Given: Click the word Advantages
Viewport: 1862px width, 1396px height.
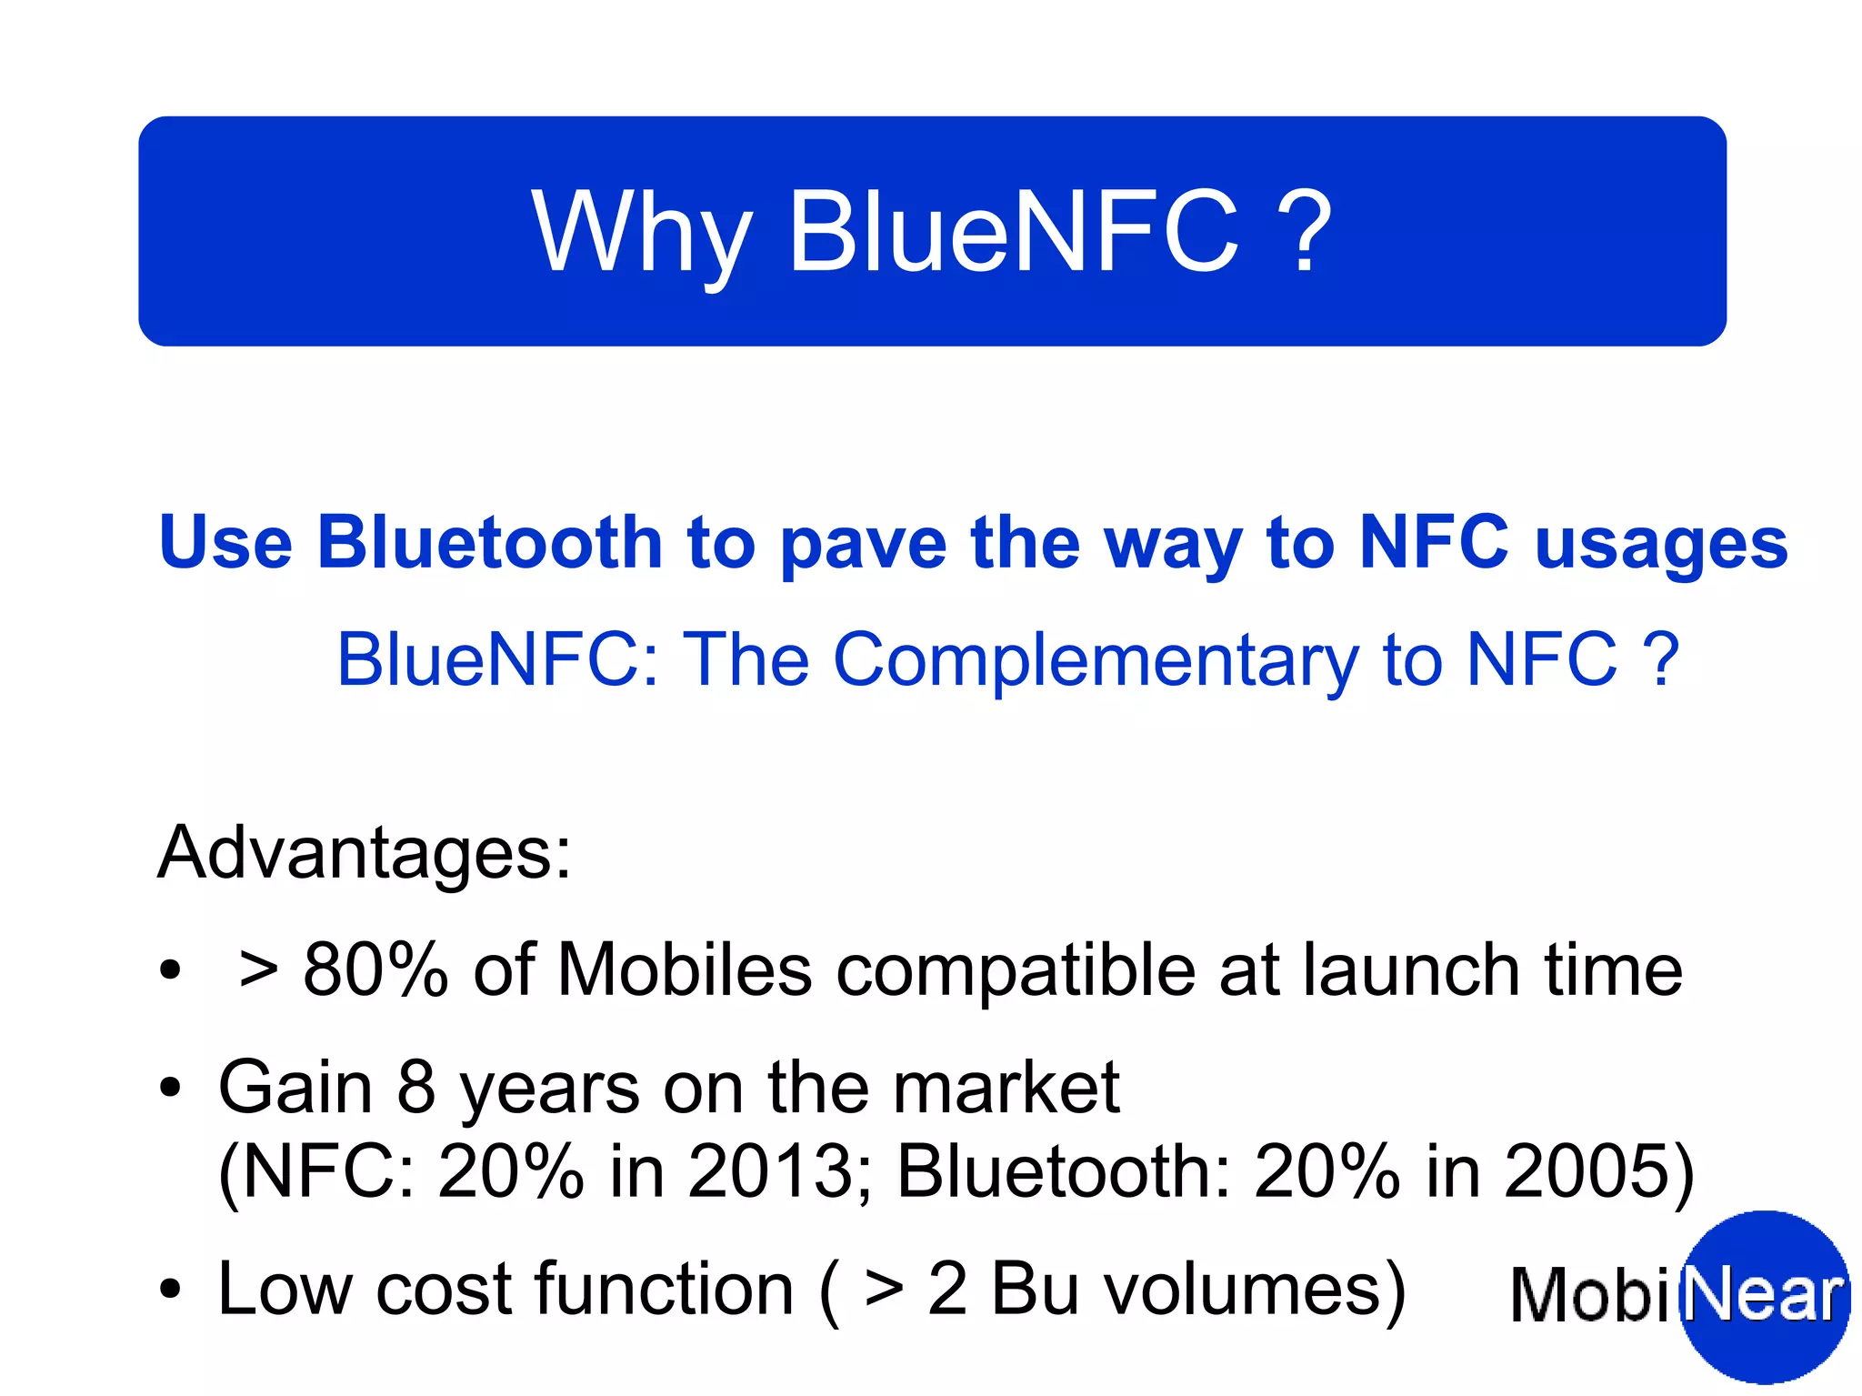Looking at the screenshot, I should click(364, 853).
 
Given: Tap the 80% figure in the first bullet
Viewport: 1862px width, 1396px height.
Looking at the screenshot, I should click(375, 970).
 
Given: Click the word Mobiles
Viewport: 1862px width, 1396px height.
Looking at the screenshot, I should click(684, 970).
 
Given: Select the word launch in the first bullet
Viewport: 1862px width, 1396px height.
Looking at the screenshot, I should click(1411, 970).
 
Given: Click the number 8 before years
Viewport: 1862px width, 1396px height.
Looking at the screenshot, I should click(415, 1088).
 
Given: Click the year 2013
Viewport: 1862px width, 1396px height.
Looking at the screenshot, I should click(771, 1171).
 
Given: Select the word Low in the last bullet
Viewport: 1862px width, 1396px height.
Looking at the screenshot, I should click(285, 1289).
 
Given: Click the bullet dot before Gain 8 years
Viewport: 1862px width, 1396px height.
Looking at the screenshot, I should click(170, 1088).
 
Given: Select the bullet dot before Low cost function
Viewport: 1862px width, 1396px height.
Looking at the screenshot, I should click(170, 1290).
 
